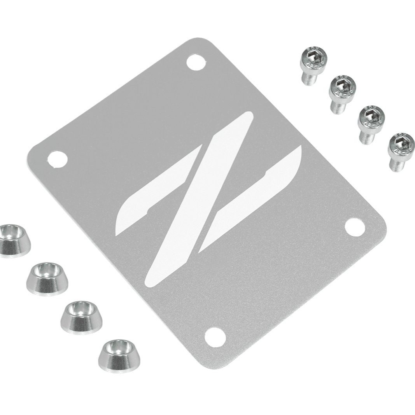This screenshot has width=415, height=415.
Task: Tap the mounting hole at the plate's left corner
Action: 57,159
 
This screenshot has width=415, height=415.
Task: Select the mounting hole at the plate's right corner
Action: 355,227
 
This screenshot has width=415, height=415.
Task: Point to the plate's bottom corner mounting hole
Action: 215,337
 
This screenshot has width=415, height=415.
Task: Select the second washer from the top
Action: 47,278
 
